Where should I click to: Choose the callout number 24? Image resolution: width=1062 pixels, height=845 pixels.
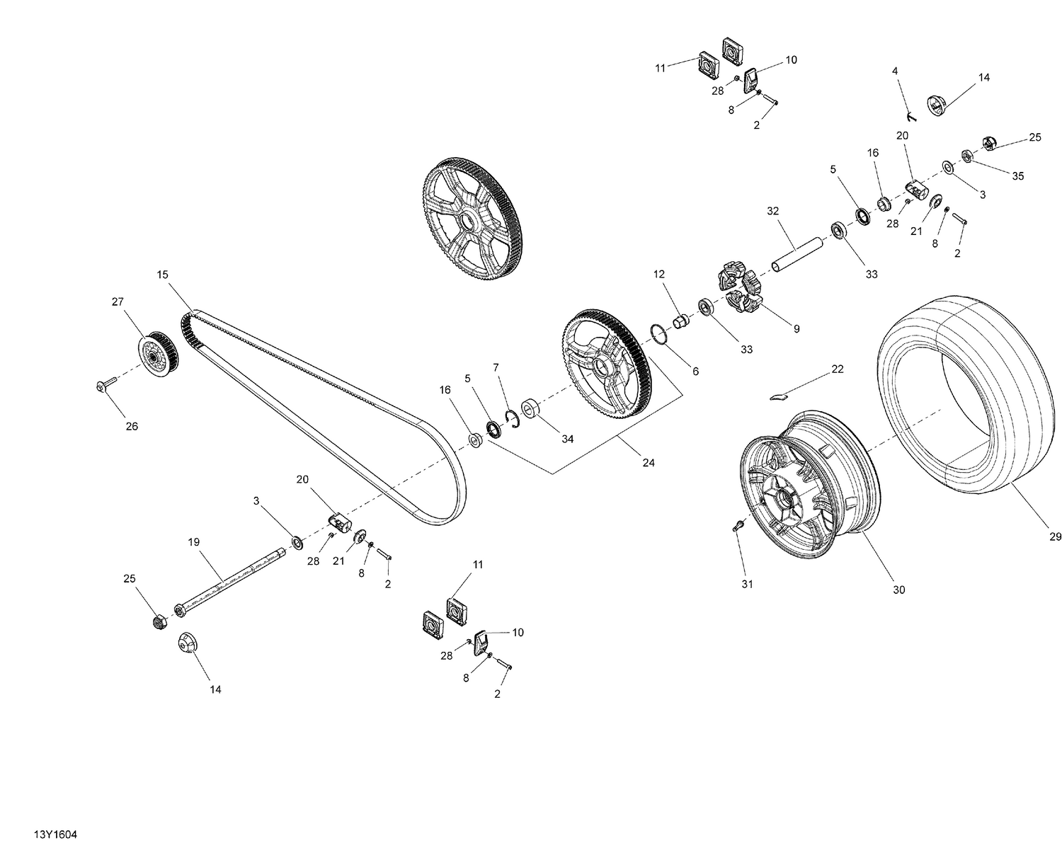[649, 463]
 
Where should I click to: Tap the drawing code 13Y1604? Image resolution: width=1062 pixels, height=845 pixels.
[44, 834]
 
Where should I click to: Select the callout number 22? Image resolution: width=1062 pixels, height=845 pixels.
[838, 369]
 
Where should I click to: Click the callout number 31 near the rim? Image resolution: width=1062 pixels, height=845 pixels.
[748, 584]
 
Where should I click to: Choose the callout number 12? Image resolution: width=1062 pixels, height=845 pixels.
[660, 274]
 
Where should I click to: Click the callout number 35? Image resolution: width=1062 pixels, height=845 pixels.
[1017, 176]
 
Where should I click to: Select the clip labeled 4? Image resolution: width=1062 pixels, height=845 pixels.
[912, 113]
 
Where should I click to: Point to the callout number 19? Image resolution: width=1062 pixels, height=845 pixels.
[194, 542]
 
